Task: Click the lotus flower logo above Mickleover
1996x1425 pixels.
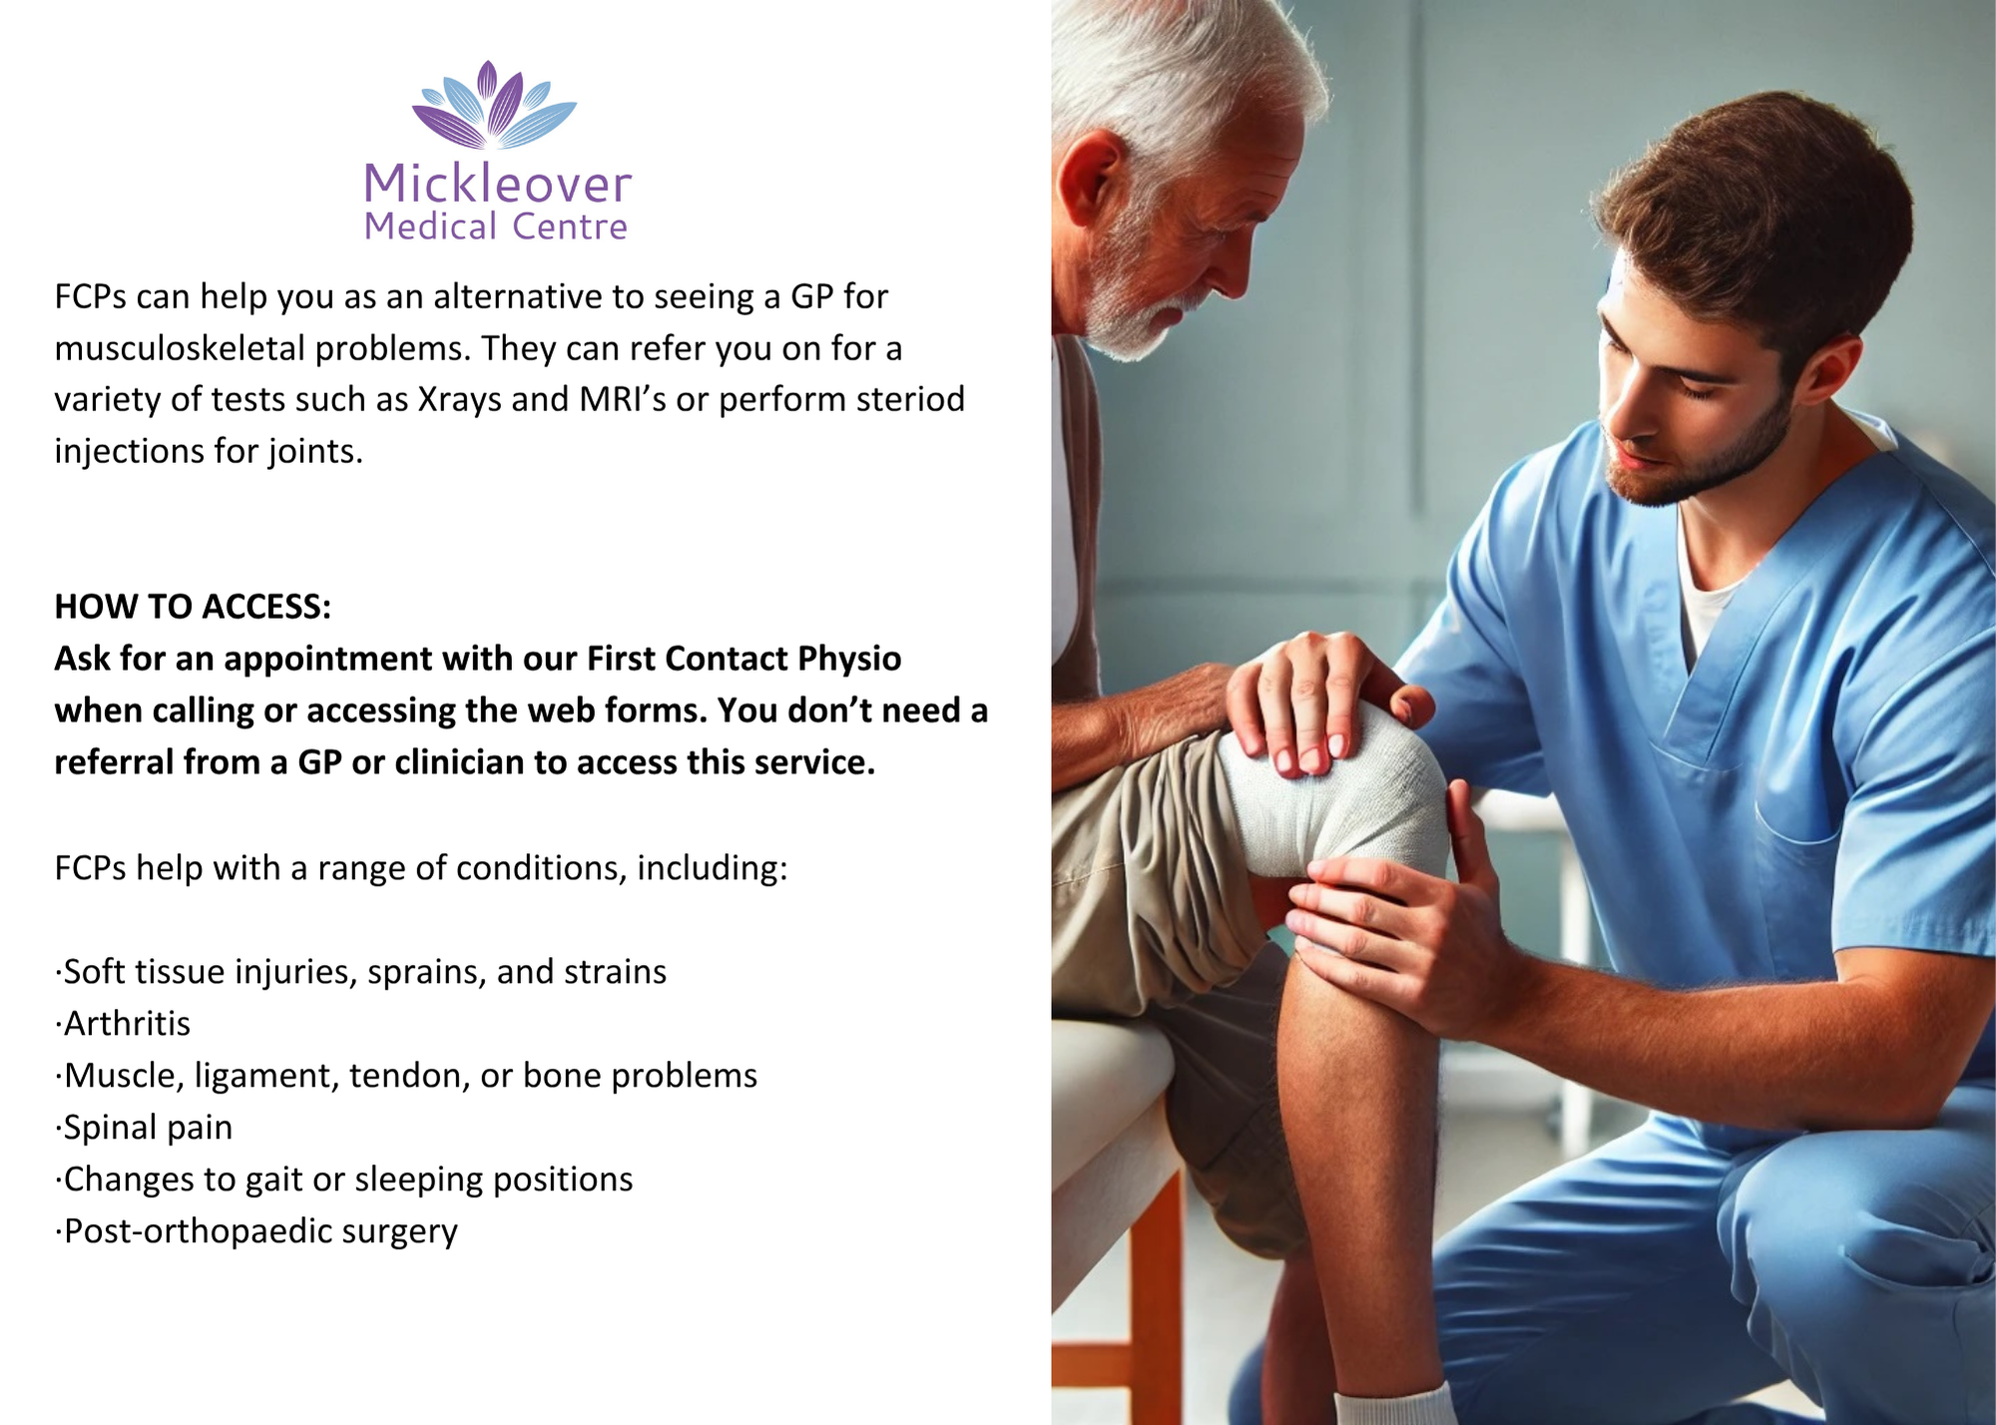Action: point(494,105)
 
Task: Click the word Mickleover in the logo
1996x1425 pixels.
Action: point(497,184)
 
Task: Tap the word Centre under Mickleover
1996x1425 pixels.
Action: point(570,228)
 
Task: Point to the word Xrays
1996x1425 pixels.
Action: point(459,399)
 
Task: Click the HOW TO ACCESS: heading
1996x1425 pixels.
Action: point(193,607)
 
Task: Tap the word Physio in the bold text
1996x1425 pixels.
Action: point(849,660)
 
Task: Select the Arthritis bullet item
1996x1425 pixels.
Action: point(123,1024)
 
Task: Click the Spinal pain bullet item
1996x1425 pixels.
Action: point(144,1128)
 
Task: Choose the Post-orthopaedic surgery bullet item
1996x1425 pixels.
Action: point(256,1231)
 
